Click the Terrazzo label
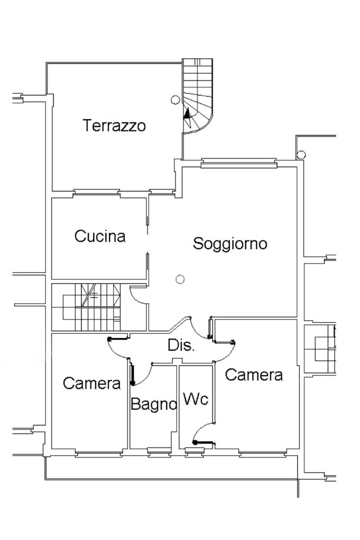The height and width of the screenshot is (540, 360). pyautogui.click(x=114, y=126)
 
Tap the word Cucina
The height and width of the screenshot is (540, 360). pyautogui.click(x=100, y=236)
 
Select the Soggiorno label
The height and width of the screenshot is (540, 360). pyautogui.click(x=230, y=244)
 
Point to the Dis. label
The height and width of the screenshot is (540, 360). pyautogui.click(x=181, y=346)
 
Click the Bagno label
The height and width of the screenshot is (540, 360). pyautogui.click(x=153, y=404)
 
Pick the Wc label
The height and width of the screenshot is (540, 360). pyautogui.click(x=195, y=399)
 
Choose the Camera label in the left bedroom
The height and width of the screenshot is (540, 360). pyautogui.click(x=92, y=383)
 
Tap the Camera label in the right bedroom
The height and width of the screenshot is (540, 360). pyautogui.click(x=254, y=375)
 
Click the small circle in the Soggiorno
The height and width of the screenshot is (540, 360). pyautogui.click(x=180, y=279)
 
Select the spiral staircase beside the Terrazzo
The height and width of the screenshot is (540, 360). pyautogui.click(x=198, y=98)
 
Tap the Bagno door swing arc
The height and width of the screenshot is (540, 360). pyautogui.click(x=145, y=375)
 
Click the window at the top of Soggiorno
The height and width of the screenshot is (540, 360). pyautogui.click(x=239, y=163)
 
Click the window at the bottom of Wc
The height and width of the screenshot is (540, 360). pyautogui.click(x=194, y=450)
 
